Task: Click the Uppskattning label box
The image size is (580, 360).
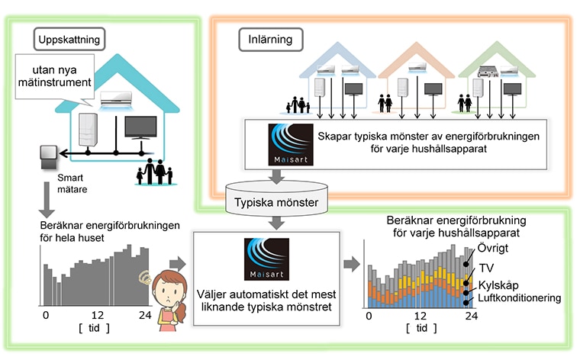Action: click(69, 39)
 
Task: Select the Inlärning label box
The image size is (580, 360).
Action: click(270, 39)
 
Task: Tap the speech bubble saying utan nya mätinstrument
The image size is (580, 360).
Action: click(55, 76)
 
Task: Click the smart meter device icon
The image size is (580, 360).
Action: click(48, 156)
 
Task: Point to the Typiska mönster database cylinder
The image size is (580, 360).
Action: click(276, 198)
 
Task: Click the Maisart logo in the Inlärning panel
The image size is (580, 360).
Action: click(291, 144)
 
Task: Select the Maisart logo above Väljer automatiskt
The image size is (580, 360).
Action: click(266, 259)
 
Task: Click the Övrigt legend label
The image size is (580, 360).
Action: click(493, 248)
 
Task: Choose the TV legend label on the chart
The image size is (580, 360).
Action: click(486, 268)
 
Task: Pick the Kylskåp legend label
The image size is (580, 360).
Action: click(498, 285)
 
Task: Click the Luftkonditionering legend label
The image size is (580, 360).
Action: click(520, 298)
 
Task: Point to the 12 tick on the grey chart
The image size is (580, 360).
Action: click(98, 315)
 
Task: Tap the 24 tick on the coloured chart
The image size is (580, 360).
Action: click(472, 316)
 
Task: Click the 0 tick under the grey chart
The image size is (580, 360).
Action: click(46, 315)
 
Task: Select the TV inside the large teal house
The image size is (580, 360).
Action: click(140, 128)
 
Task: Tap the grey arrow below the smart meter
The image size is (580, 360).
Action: click(47, 200)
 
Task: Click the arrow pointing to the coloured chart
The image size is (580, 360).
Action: click(351, 264)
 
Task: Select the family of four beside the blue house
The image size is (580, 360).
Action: click(298, 105)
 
